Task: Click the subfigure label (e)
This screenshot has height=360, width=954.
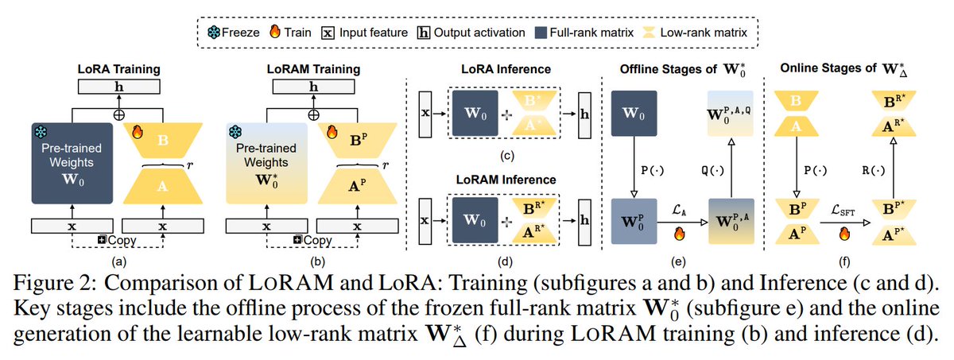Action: pyautogui.click(x=675, y=259)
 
